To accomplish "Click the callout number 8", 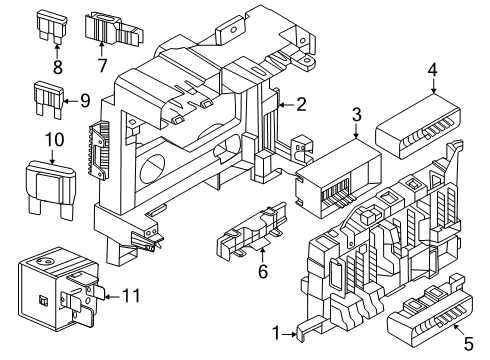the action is (x=58, y=67).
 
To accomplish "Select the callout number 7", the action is (x=102, y=65).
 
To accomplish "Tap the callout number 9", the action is (x=85, y=101).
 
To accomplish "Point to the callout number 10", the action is (x=54, y=139).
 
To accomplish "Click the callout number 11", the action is (x=131, y=295).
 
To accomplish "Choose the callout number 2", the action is (x=301, y=105).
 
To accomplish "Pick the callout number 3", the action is (x=356, y=115).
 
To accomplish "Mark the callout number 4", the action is (x=432, y=70).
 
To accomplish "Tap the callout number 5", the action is (x=469, y=344).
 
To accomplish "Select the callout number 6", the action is (x=263, y=271).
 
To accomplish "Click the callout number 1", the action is (x=276, y=333).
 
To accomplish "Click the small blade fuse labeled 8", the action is (x=51, y=27).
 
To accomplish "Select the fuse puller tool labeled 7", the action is (x=114, y=29).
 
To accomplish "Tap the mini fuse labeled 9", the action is (x=48, y=99).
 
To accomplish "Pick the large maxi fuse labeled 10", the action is (x=50, y=190).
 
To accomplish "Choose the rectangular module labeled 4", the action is (x=418, y=126).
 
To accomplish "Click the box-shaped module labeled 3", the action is (x=338, y=178).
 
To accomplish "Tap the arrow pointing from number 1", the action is (x=289, y=334).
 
